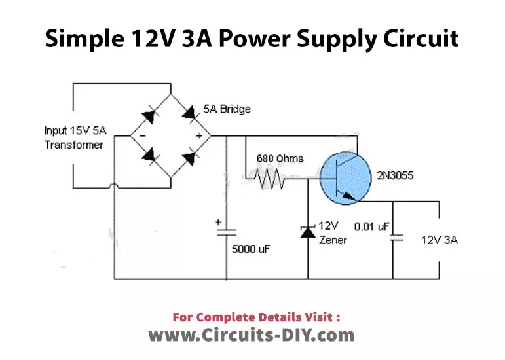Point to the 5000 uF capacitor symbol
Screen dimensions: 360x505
point(227,231)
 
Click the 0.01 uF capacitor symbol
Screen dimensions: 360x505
point(394,238)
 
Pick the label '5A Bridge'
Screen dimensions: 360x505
point(231,109)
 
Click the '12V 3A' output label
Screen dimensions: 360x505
point(439,240)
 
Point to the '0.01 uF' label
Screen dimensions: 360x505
point(371,226)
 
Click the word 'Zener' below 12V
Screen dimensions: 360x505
point(333,240)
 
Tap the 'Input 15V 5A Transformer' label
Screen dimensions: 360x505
point(74,137)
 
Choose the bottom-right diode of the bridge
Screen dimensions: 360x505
point(191,157)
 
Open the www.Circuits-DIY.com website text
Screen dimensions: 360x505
point(252,335)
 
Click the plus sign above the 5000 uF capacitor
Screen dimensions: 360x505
point(218,223)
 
